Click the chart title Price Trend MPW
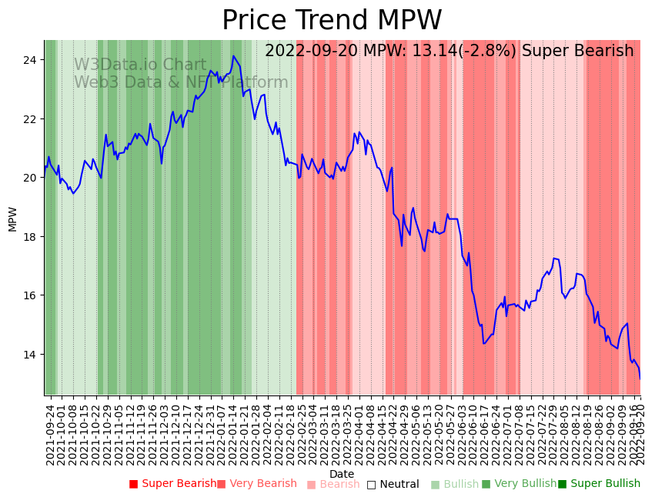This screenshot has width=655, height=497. pyautogui.click(x=332, y=21)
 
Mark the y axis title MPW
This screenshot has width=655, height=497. pyautogui.click(x=12, y=218)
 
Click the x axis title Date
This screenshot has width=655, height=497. pyautogui.click(x=342, y=474)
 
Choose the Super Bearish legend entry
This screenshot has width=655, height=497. pyautogui.click(x=173, y=484)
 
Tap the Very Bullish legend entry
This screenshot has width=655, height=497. pyautogui.click(x=519, y=484)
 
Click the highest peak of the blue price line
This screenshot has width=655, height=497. pyautogui.click(x=233, y=56)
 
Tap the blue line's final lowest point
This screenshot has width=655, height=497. pyautogui.click(x=640, y=379)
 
